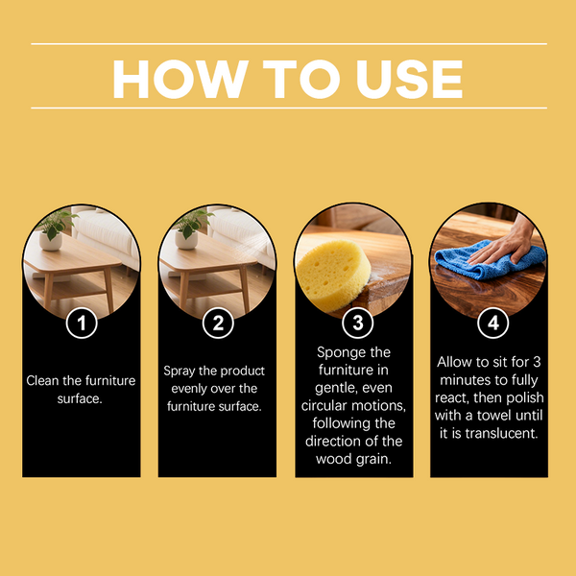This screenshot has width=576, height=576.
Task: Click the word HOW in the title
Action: [180, 79]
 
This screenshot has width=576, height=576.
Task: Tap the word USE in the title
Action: [409, 79]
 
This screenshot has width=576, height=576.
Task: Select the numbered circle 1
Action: [82, 323]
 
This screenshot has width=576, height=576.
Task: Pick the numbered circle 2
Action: [218, 323]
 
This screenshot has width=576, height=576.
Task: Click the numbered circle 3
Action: [357, 323]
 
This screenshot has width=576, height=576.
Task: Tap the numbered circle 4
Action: [493, 323]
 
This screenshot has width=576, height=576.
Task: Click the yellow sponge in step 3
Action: [333, 275]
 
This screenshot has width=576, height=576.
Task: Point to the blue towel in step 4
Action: [490, 259]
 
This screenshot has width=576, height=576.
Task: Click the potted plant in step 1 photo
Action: [55, 230]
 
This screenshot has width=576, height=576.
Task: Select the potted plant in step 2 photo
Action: [191, 229]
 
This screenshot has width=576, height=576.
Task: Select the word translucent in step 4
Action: [501, 434]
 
